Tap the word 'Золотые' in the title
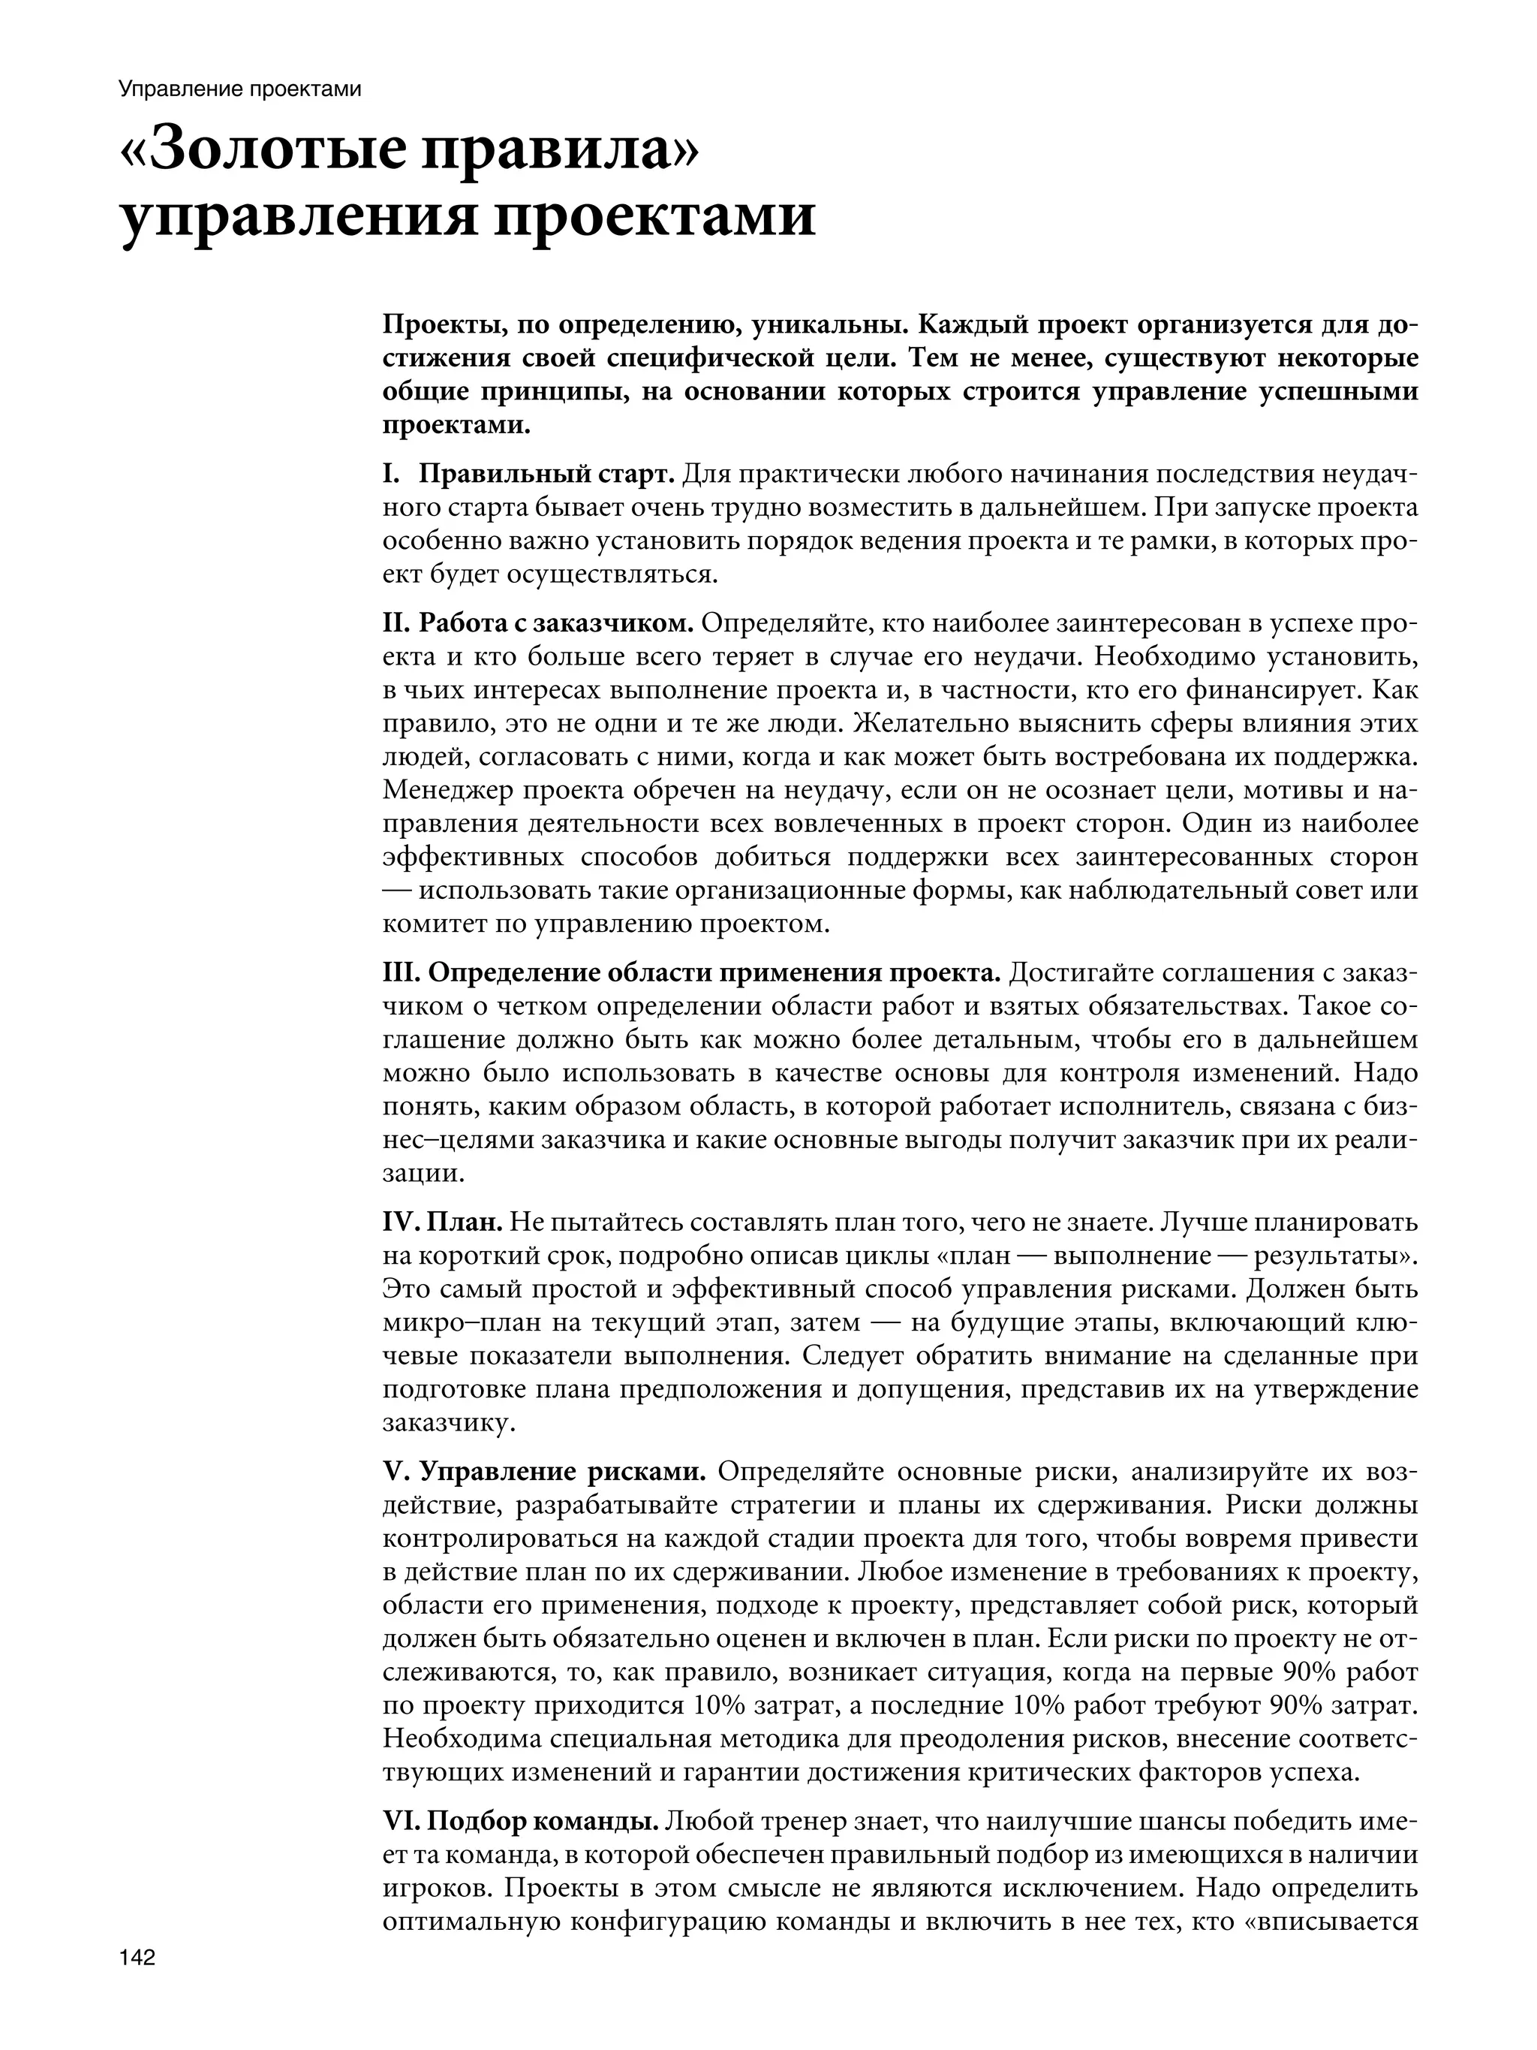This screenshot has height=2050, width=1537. point(270,150)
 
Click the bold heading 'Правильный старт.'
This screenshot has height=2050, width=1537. point(546,475)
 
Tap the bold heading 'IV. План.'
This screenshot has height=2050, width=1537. point(442,1222)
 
